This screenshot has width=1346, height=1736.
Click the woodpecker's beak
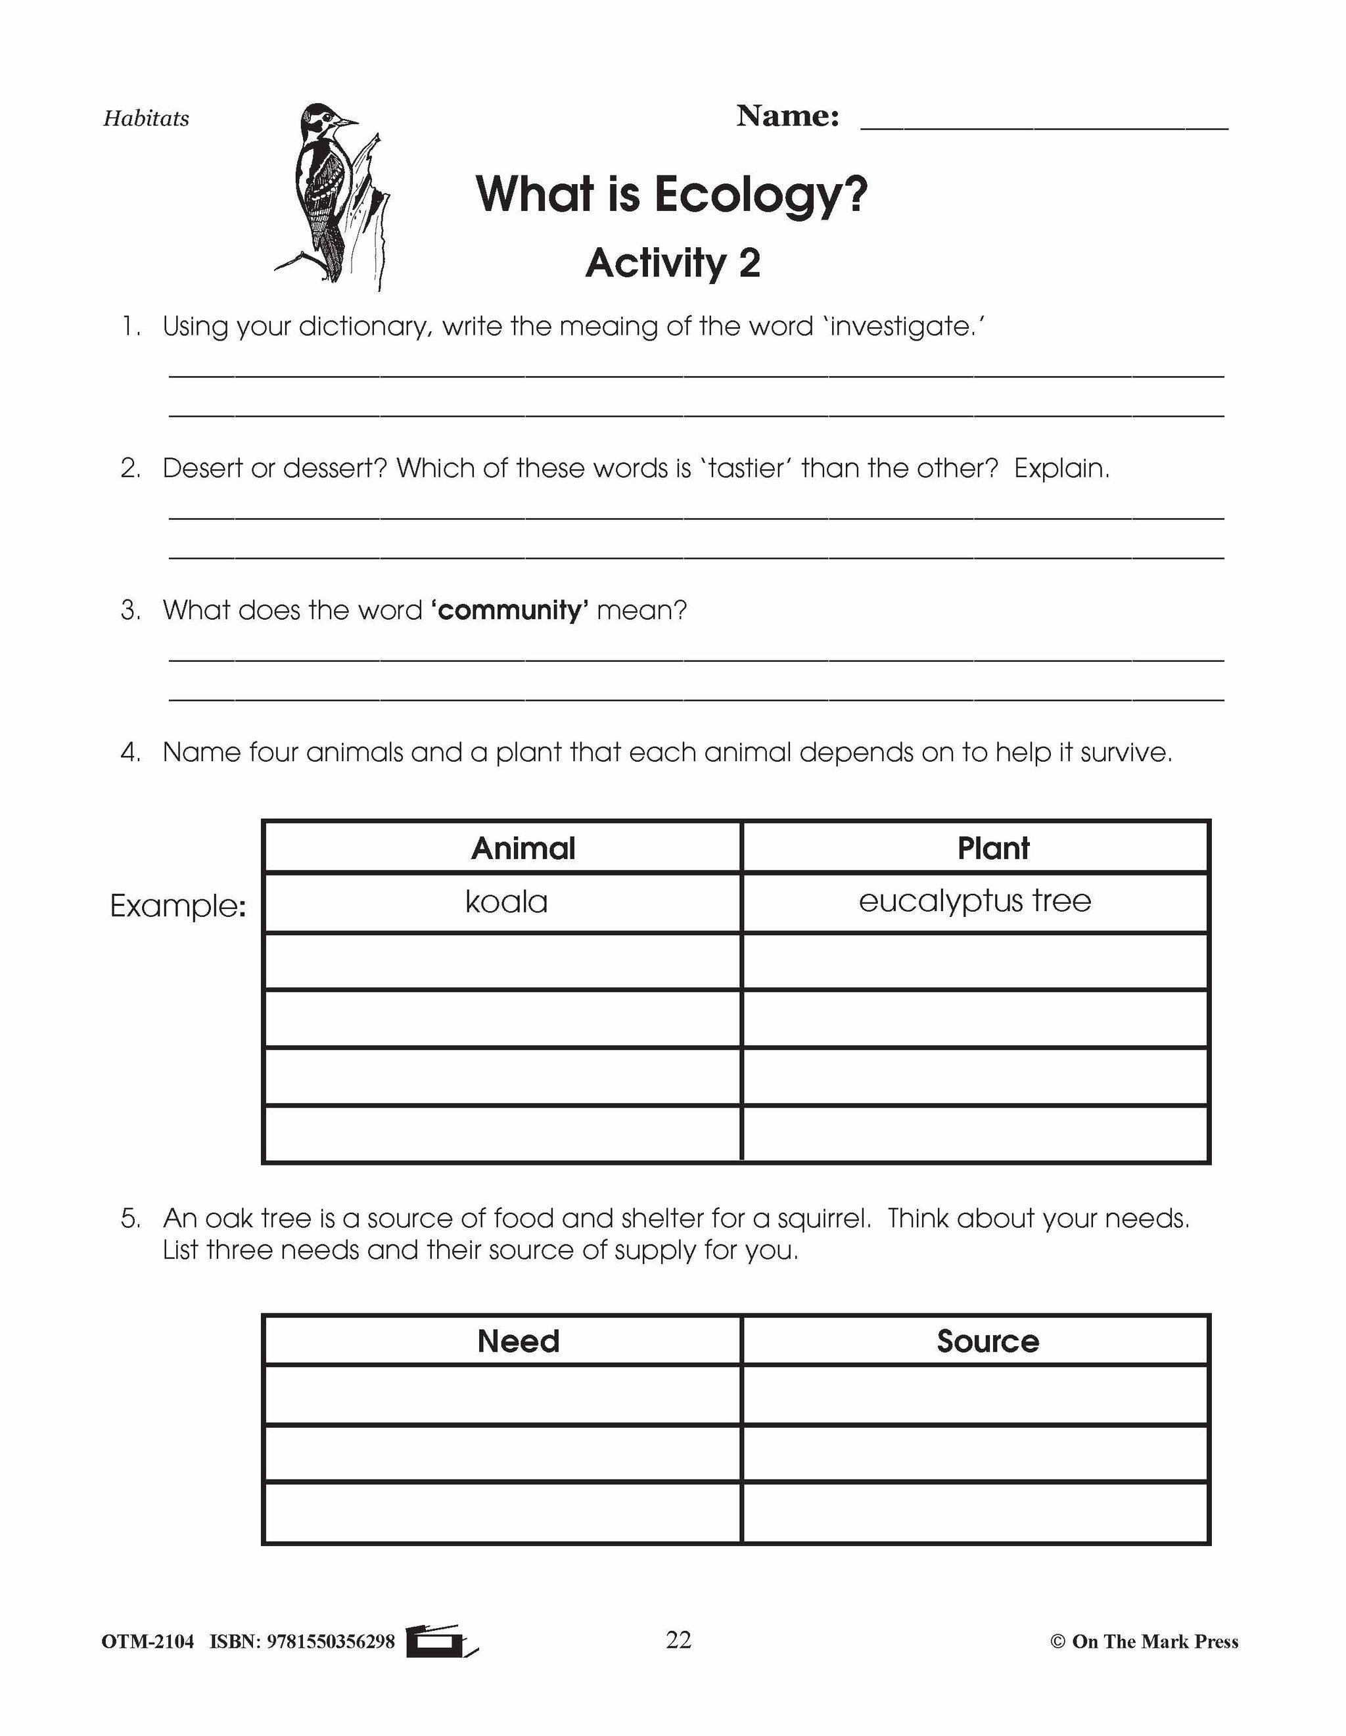[347, 122]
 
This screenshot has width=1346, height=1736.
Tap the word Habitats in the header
[146, 119]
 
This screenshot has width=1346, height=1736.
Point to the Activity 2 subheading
[672, 263]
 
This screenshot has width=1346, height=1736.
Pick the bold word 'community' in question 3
[509, 611]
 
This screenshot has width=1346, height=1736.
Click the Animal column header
[523, 848]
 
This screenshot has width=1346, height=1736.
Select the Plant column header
[993, 848]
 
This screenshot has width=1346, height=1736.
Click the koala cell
[506, 902]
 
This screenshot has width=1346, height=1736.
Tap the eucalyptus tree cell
[975, 901]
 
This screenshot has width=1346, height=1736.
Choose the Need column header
[518, 1341]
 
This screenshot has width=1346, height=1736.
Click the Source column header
[988, 1341]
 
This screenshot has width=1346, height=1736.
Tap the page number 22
[678, 1640]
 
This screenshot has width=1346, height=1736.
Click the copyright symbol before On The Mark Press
[1057, 1642]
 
